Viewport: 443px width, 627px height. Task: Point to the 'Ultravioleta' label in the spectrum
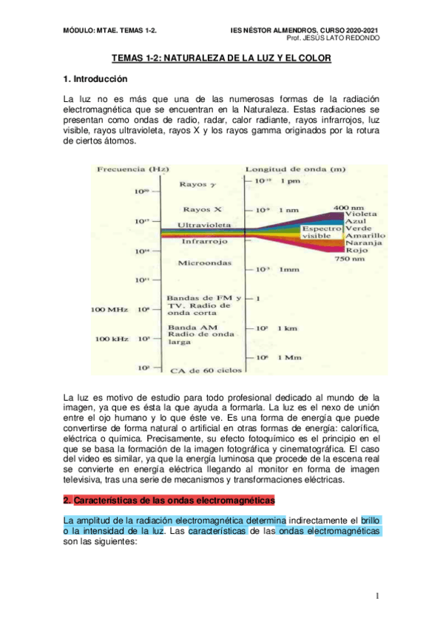pyautogui.click(x=207, y=224)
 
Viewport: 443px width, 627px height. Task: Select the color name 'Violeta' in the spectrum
pyautogui.click(x=361, y=214)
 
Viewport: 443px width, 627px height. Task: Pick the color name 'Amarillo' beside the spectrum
pyautogui.click(x=365, y=236)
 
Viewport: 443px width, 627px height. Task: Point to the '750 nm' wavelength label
pyautogui.click(x=349, y=260)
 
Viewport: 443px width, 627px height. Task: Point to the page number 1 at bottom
pyautogui.click(x=377, y=596)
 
